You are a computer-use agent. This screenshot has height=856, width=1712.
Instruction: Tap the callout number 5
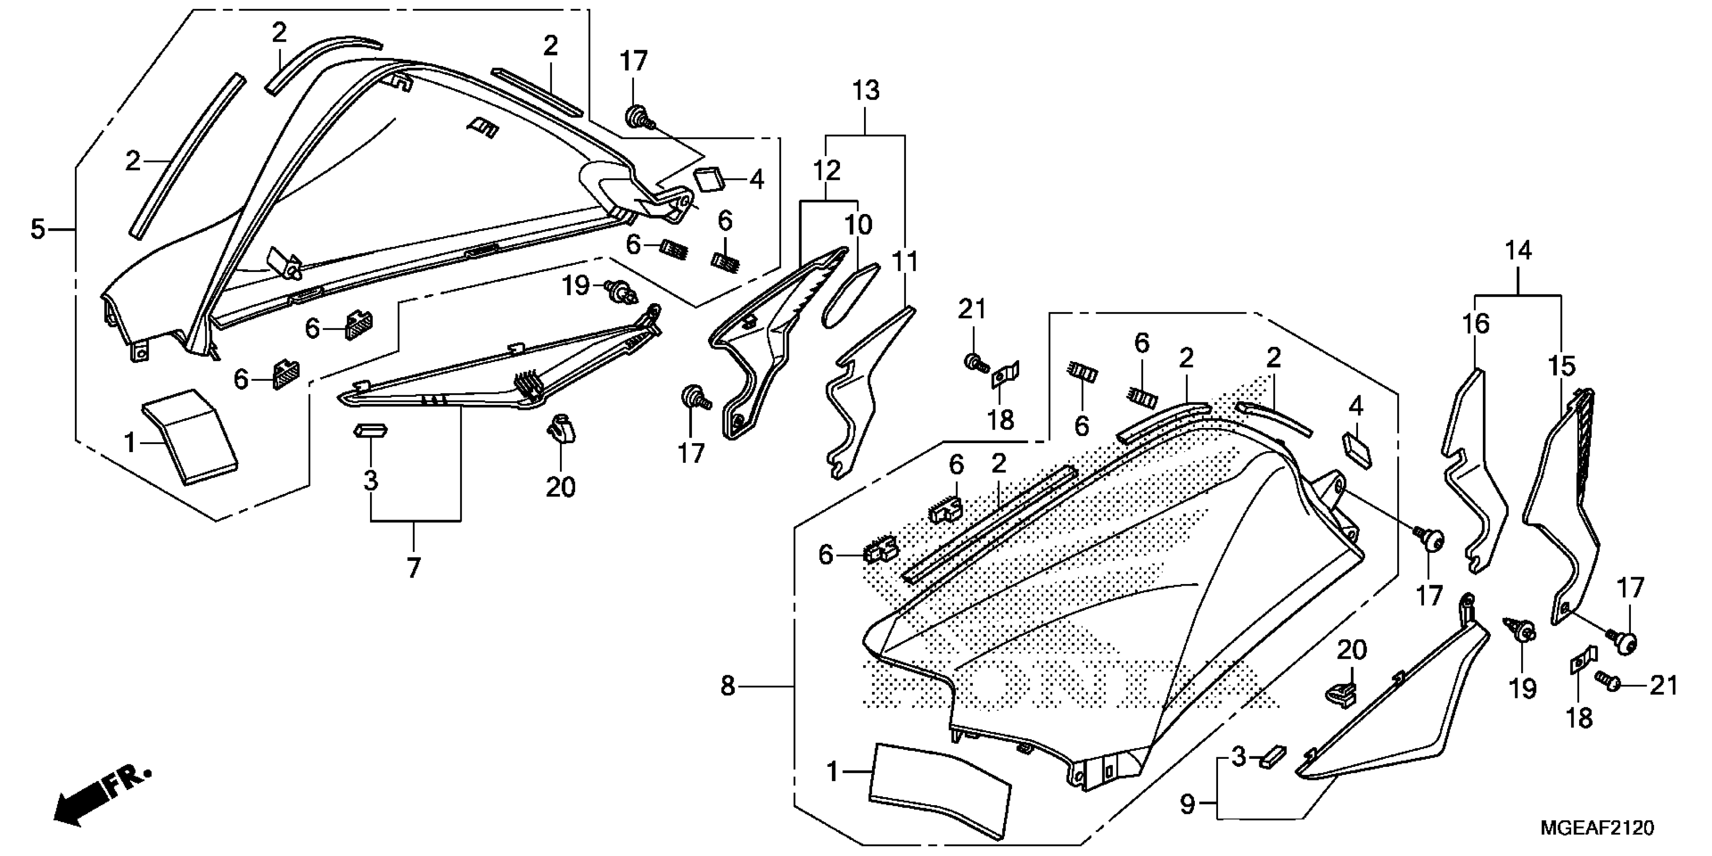tap(38, 229)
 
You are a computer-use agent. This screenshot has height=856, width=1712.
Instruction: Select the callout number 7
tap(413, 567)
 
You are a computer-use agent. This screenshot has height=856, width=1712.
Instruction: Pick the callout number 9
tap(1188, 805)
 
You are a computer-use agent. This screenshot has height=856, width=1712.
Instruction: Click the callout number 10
tap(858, 225)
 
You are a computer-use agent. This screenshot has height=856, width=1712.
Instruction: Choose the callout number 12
tap(827, 171)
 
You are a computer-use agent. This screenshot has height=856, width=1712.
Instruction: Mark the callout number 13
tap(866, 91)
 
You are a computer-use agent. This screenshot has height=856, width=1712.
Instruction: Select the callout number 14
tap(1519, 251)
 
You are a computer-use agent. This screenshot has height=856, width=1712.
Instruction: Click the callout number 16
tap(1475, 324)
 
